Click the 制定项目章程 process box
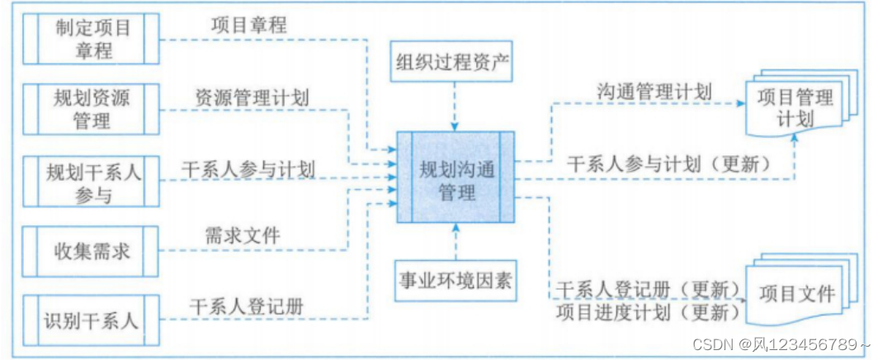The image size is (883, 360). point(91,39)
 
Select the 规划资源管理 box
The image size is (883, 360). point(91,109)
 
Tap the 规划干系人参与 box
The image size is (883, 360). point(91,182)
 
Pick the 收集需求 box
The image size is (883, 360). point(91,249)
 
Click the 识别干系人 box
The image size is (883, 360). point(91,319)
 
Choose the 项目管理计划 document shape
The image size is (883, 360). point(796,107)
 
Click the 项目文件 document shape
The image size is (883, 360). point(796,294)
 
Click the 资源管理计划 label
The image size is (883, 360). point(253,97)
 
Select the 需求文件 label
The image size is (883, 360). point(243,235)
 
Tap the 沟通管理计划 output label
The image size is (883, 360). point(654,91)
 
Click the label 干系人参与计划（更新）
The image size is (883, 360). point(669,163)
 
